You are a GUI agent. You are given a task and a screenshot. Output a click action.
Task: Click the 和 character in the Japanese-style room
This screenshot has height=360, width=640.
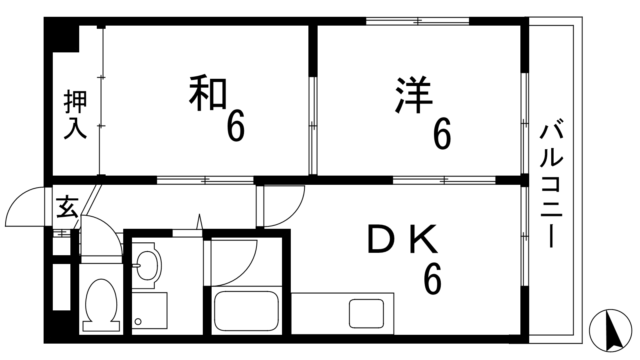(208, 94)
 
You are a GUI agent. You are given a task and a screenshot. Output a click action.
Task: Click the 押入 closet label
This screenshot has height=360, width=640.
(75, 115)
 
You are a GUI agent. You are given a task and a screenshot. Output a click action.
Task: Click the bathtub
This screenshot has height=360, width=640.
(246, 310)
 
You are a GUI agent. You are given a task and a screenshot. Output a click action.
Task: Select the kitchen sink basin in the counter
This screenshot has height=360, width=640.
(366, 313)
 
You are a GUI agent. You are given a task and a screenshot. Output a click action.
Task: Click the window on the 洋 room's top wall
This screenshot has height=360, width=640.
(417, 21)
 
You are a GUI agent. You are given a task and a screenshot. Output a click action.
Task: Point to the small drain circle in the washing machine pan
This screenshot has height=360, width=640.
(138, 321)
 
